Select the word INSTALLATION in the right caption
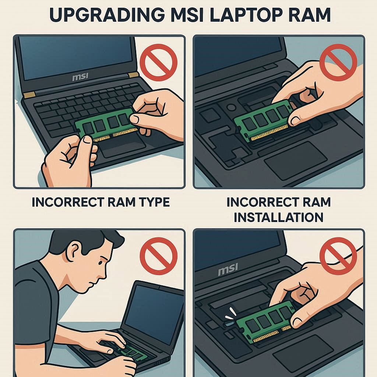(x=278, y=217)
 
